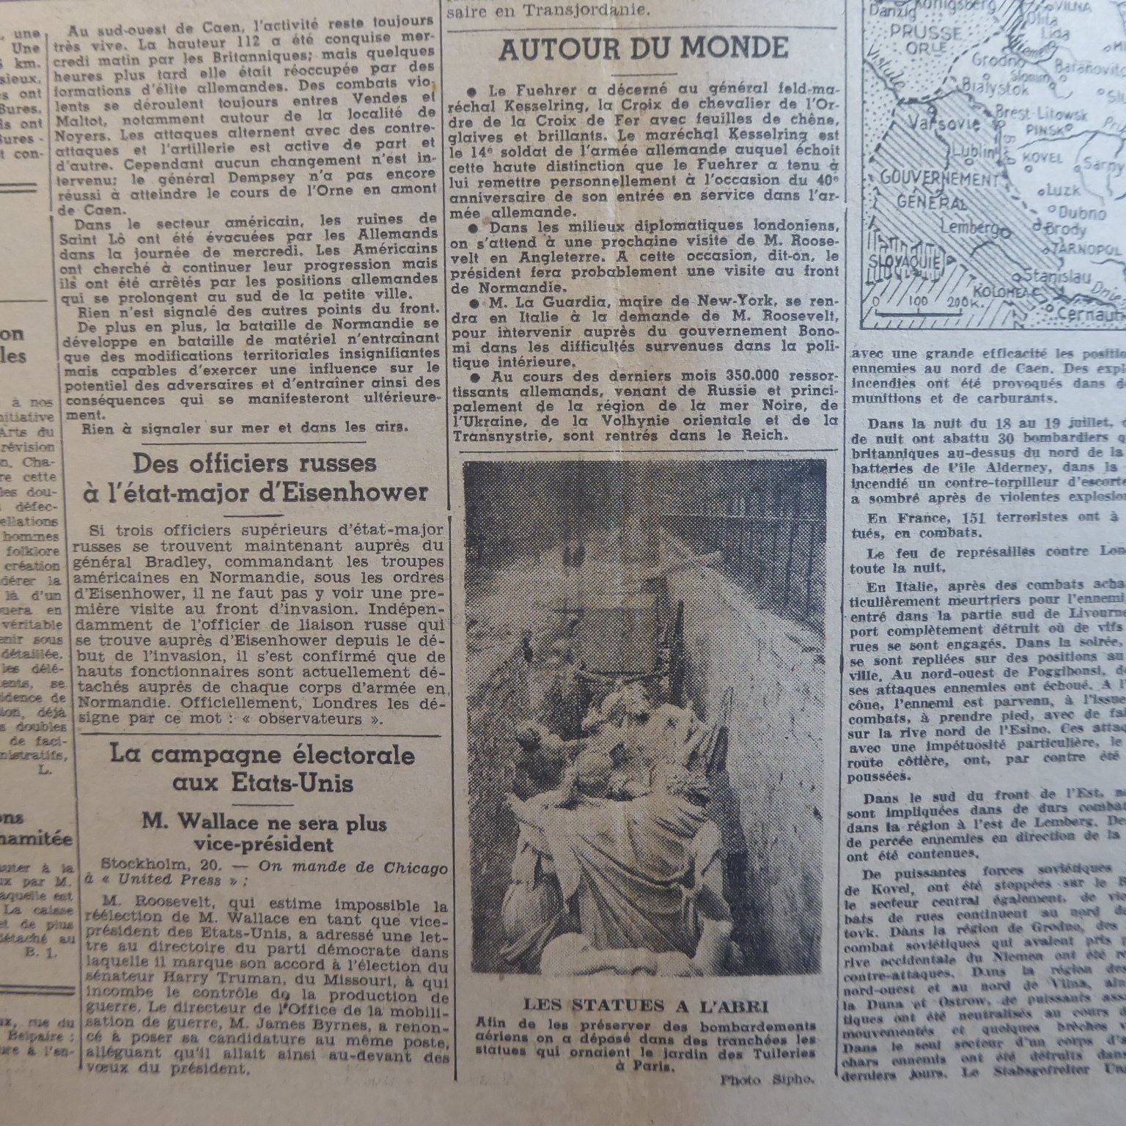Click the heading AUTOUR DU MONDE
pyautogui.click(x=643, y=49)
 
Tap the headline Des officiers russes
pyautogui.click(x=254, y=463)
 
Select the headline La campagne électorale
pyautogui.click(x=262, y=756)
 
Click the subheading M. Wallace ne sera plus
pyautogui.click(x=265, y=823)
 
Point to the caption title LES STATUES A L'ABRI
pyautogui.click(x=646, y=1006)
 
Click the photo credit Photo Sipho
pyautogui.click(x=767, y=1080)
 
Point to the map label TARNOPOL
pyautogui.click(x=1085, y=249)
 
